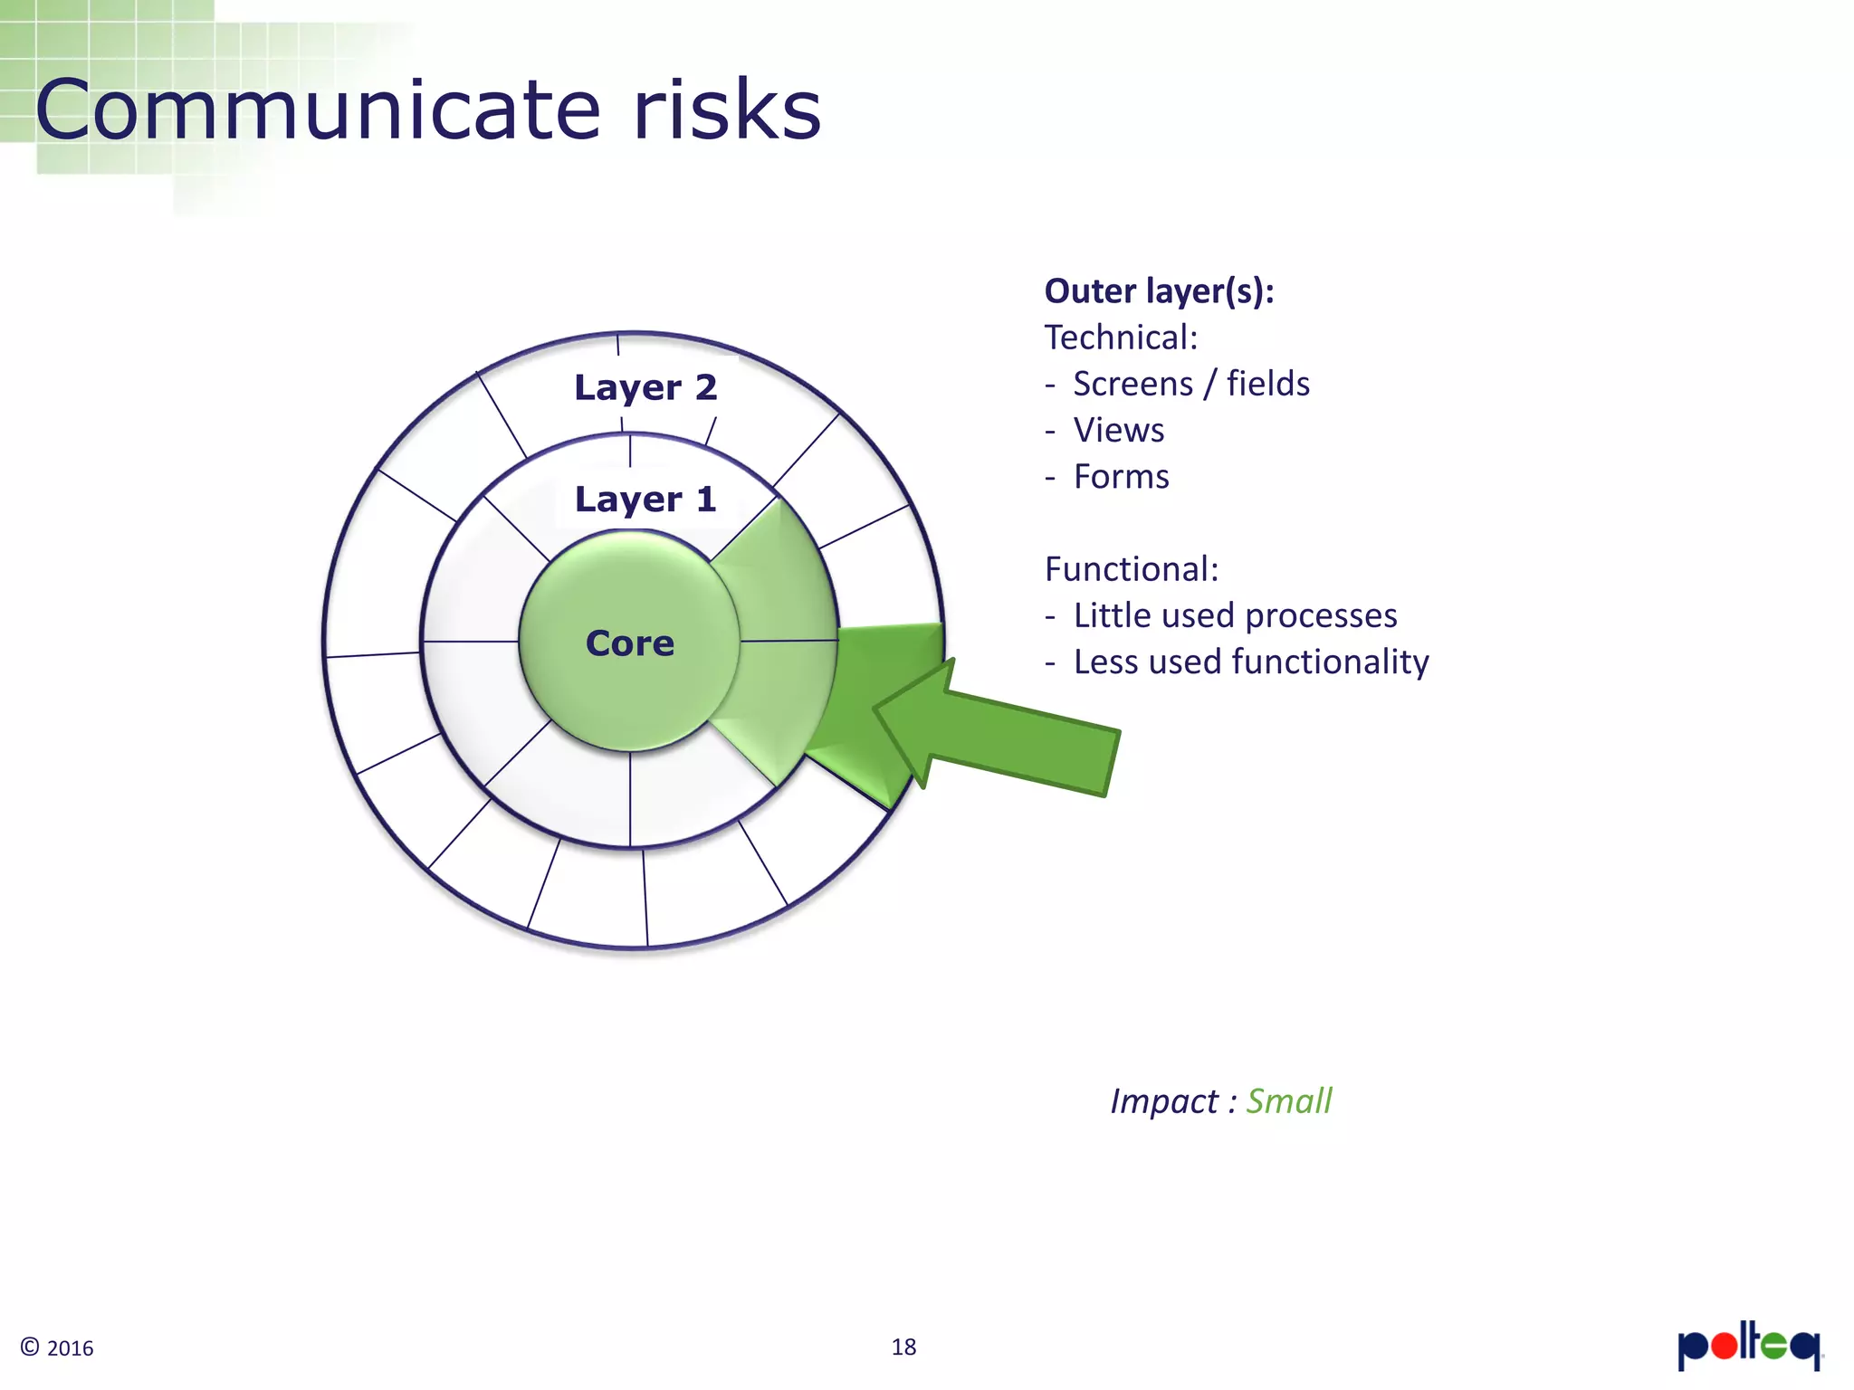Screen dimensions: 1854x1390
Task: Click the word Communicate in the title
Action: pyautogui.click(x=318, y=110)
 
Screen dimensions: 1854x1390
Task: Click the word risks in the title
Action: pyautogui.click(x=727, y=110)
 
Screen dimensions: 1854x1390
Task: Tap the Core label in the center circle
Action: pyautogui.click(x=630, y=643)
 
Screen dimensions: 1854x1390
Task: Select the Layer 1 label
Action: pyautogui.click(x=645, y=500)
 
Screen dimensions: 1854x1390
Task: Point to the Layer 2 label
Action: pyautogui.click(x=645, y=387)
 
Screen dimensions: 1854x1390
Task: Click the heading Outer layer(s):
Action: pyautogui.click(x=1159, y=291)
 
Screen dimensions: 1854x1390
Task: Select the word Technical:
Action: pyautogui.click(x=1121, y=338)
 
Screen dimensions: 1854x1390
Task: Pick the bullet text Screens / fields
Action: pyautogui.click(x=1191, y=384)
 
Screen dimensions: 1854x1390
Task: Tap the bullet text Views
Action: pyautogui.click(x=1119, y=431)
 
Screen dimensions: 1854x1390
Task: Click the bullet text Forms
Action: pyautogui.click(x=1121, y=477)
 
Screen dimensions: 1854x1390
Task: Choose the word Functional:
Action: pyautogui.click(x=1132, y=569)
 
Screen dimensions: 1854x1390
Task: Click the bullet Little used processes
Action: pyautogui.click(x=1235, y=615)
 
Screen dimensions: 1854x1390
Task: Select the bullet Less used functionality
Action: pyautogui.click(x=1251, y=662)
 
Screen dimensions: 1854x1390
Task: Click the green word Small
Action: pyautogui.click(x=1288, y=1101)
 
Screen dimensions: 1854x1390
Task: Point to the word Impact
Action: pyautogui.click(x=1164, y=1101)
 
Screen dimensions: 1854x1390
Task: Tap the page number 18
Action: pyautogui.click(x=903, y=1347)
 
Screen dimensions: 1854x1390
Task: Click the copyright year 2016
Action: pyautogui.click(x=70, y=1348)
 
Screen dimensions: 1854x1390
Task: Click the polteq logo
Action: pyautogui.click(x=1748, y=1346)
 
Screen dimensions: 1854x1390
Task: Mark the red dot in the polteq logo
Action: pyautogui.click(x=1725, y=1346)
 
